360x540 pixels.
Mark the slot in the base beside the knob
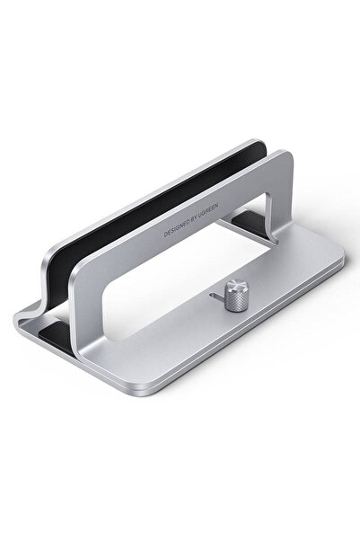(214, 294)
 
